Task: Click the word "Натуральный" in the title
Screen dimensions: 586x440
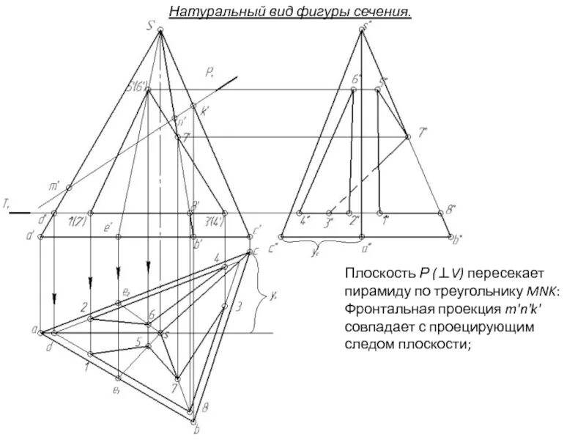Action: [x=207, y=12]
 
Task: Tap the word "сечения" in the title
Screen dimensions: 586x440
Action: [x=381, y=12]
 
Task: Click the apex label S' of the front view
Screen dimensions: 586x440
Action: [x=152, y=27]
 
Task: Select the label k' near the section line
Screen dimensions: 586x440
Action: [x=204, y=111]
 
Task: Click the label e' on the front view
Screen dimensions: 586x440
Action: [x=108, y=229]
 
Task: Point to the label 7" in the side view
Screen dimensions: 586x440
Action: [x=422, y=133]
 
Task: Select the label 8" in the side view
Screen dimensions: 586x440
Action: [x=451, y=208]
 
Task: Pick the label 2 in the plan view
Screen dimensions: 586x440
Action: [x=84, y=307]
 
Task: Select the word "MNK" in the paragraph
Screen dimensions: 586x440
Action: [x=544, y=291]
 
